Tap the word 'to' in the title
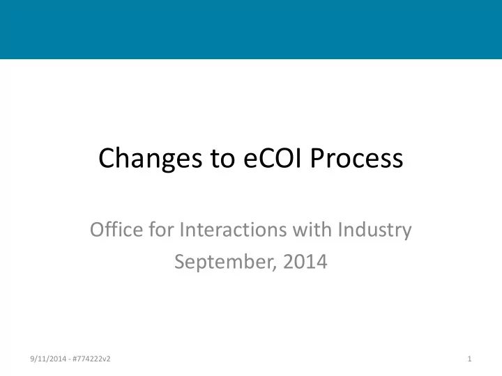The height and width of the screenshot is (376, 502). pos(223,158)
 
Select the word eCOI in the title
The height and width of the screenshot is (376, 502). pos(273,157)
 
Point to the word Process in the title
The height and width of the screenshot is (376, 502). pos(357,157)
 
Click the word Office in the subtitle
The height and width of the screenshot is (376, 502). pos(116,229)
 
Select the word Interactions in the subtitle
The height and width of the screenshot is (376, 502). pos(233,230)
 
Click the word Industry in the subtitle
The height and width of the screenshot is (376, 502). pos(375,230)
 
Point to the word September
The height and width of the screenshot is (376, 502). pos(225,263)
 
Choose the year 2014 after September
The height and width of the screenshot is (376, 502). pos(305,262)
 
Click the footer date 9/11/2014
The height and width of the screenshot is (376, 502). pos(48,359)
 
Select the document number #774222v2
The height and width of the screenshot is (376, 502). pos(91,359)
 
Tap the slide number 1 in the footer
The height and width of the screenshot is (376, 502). pos(470,359)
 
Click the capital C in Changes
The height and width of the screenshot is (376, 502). pos(106,157)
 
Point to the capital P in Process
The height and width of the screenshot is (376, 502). pos(318,157)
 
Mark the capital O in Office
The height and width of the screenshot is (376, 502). pos(98,230)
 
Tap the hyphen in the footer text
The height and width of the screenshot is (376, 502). pos(70,360)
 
